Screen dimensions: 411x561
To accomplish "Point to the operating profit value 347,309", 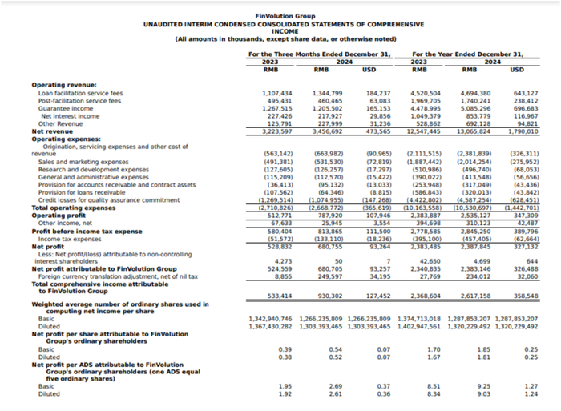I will [525, 192].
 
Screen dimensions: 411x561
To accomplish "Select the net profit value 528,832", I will [277, 224].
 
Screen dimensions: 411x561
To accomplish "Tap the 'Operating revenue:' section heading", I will [64, 84].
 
